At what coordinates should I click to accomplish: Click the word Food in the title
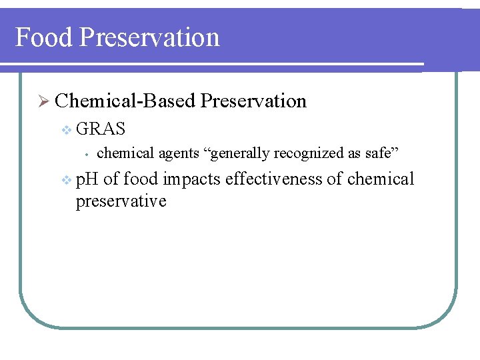click(43, 37)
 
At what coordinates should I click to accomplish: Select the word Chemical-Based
click(125, 101)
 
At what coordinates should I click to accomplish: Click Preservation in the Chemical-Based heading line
click(253, 101)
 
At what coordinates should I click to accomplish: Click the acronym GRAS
click(101, 128)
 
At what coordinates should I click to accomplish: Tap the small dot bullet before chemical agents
click(87, 155)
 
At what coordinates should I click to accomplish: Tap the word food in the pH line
click(141, 179)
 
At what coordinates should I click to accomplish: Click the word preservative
click(121, 201)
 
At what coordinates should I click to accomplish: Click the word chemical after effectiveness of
click(381, 179)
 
